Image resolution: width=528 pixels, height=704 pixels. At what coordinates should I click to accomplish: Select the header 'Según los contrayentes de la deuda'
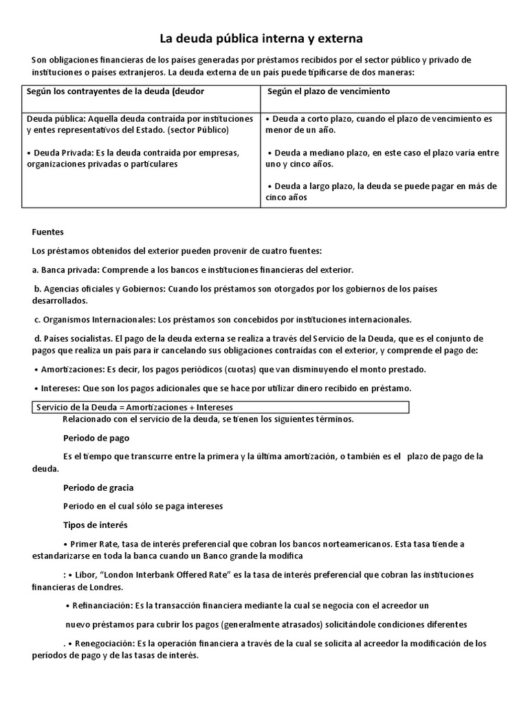click(x=115, y=91)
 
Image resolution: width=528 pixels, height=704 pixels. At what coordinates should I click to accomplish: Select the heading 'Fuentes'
click(x=47, y=232)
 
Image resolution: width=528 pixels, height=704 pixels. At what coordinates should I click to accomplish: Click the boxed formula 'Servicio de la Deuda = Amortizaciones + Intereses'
click(x=135, y=408)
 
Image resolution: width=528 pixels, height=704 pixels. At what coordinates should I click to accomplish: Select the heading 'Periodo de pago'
click(x=96, y=438)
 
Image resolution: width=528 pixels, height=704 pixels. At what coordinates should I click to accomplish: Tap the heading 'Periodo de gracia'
click(x=98, y=487)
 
